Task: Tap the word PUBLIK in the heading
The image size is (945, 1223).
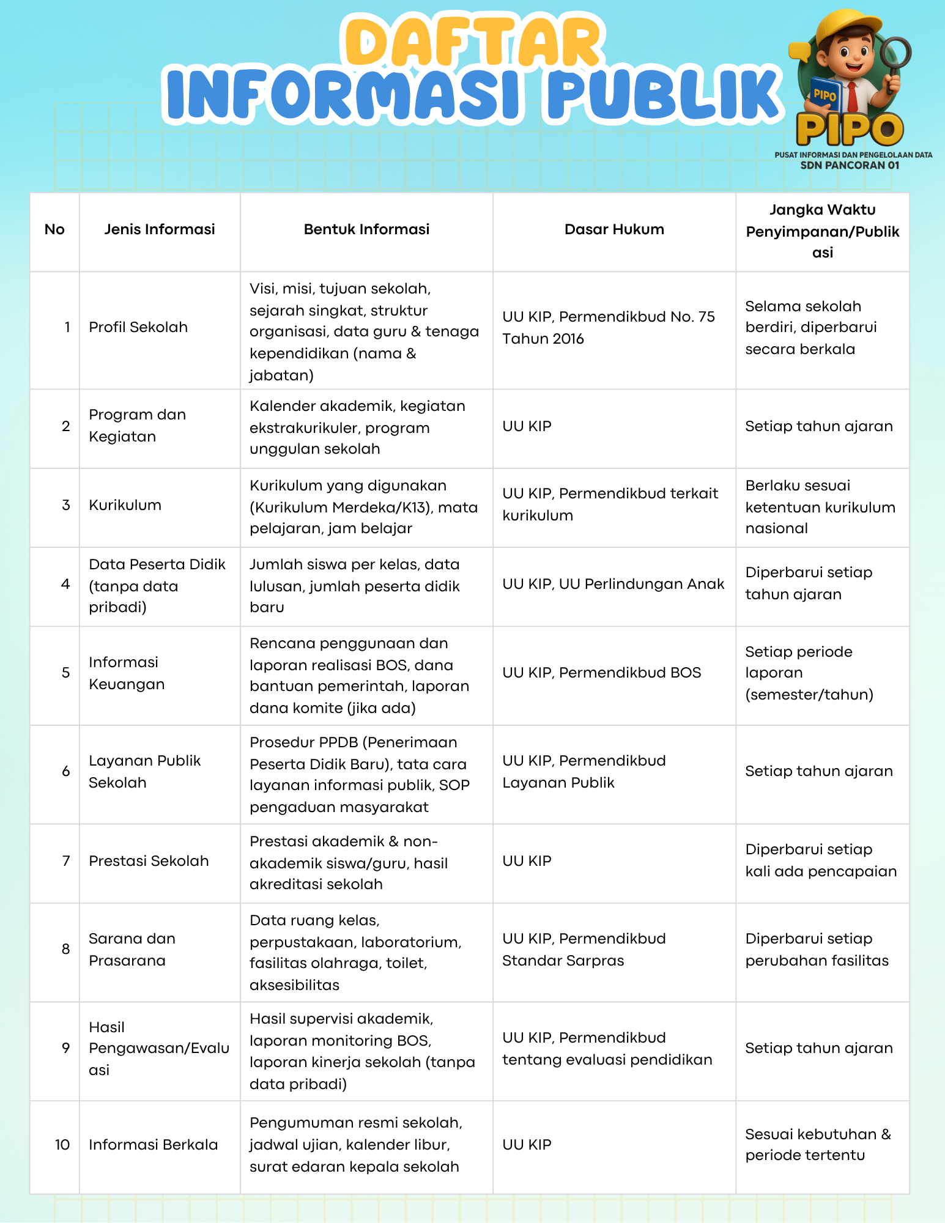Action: [664, 95]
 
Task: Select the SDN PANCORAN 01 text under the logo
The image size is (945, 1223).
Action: [850, 165]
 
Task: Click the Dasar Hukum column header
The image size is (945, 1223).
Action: [614, 229]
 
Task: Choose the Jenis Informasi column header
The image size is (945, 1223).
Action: [160, 229]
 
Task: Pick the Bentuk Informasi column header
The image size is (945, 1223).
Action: [366, 229]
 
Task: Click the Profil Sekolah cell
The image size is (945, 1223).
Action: [138, 327]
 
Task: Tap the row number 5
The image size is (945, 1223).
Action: [66, 673]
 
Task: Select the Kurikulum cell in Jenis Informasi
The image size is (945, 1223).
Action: [125, 505]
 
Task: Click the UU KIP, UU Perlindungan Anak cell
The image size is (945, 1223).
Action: [613, 584]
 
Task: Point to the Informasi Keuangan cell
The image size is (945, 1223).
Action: [127, 673]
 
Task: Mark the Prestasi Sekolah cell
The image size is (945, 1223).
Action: [149, 861]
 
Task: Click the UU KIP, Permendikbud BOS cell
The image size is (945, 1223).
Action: [602, 673]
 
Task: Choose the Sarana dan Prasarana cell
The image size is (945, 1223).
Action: [132, 949]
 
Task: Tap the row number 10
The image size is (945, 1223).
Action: [62, 1145]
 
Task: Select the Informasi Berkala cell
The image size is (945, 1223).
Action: [153, 1145]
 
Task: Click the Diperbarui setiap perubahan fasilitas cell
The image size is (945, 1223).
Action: [817, 949]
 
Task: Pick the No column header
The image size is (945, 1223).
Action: [54, 229]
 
